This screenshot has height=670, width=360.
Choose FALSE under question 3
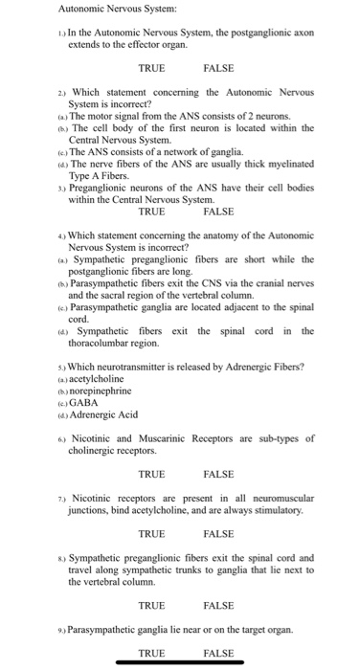pyautogui.click(x=219, y=212)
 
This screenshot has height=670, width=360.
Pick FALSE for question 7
pyautogui.click(x=219, y=534)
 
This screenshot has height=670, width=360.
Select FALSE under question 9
pyautogui.click(x=219, y=654)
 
